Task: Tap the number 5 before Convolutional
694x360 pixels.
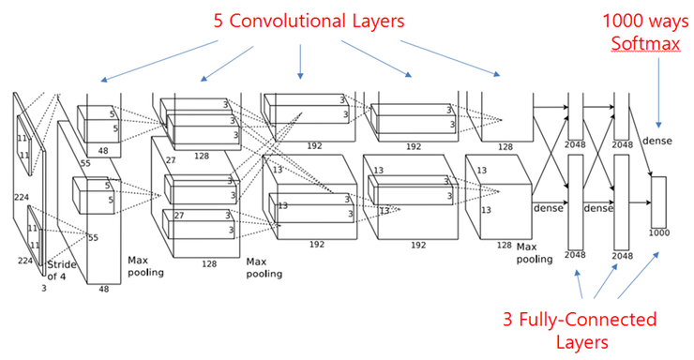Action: tap(219, 21)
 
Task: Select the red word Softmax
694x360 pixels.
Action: tap(645, 43)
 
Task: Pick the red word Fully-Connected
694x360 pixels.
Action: tap(588, 320)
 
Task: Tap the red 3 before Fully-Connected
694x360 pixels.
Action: tap(507, 320)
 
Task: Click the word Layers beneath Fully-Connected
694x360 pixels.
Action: tap(582, 342)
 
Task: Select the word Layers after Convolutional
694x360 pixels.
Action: tap(379, 21)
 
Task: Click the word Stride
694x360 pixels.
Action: tap(62, 264)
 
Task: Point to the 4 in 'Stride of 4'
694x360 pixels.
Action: tap(63, 277)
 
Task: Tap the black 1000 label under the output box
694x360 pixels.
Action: tap(659, 232)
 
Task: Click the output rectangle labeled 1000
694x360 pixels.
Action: tap(658, 202)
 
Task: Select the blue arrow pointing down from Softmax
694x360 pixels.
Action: tap(658, 94)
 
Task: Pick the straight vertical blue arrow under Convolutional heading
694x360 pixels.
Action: tap(300, 62)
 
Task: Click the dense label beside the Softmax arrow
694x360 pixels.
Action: tap(657, 141)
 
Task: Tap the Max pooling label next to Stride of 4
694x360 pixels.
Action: tap(145, 266)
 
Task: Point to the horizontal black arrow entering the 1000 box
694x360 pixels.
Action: tap(640, 202)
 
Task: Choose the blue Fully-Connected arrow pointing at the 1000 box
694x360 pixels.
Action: tap(639, 275)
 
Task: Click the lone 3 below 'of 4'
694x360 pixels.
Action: tap(44, 289)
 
